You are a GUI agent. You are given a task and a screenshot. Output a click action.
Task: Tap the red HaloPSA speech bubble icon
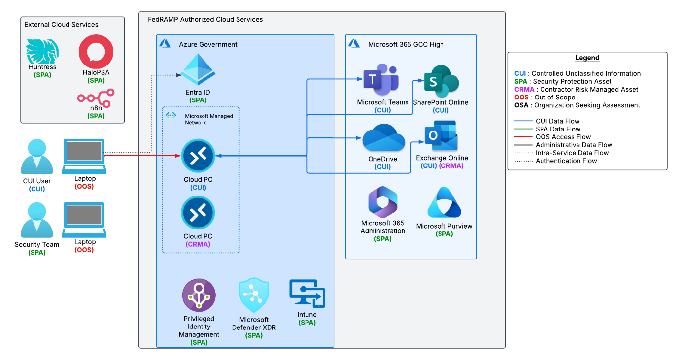point(96,52)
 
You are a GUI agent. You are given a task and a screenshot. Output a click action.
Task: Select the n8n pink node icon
point(96,97)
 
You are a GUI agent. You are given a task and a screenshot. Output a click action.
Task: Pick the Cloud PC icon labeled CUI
point(198,156)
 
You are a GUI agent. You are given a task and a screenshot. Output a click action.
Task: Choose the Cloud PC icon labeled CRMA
point(198,213)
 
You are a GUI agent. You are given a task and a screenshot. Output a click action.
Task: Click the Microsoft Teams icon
point(380,80)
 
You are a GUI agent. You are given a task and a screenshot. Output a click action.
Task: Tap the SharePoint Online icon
point(441,81)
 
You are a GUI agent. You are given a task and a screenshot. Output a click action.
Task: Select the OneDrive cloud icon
point(383,138)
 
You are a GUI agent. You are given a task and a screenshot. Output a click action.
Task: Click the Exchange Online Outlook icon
point(441,136)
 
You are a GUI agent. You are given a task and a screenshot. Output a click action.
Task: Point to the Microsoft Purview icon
point(444,203)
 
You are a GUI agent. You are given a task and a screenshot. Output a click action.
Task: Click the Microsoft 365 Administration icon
point(383,202)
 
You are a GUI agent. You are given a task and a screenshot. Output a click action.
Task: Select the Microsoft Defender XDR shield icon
point(254,295)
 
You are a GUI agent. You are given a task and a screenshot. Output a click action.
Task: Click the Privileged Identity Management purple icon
point(199,295)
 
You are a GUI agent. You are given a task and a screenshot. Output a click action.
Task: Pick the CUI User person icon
point(37,157)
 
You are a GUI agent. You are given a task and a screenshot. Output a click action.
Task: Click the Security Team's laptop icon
point(84,220)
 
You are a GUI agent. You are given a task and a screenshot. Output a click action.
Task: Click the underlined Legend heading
point(587,58)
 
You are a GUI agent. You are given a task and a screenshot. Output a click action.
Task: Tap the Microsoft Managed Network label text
point(208,119)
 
